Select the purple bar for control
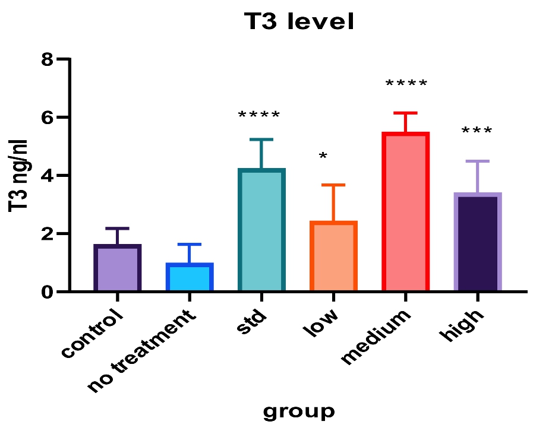(117, 268)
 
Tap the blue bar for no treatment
(189, 278)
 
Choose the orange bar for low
(333, 256)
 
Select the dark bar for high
(478, 243)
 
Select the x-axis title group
(298, 411)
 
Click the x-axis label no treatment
(143, 351)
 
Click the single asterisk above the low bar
(323, 156)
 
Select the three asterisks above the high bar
(477, 131)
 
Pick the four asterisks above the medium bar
(406, 84)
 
